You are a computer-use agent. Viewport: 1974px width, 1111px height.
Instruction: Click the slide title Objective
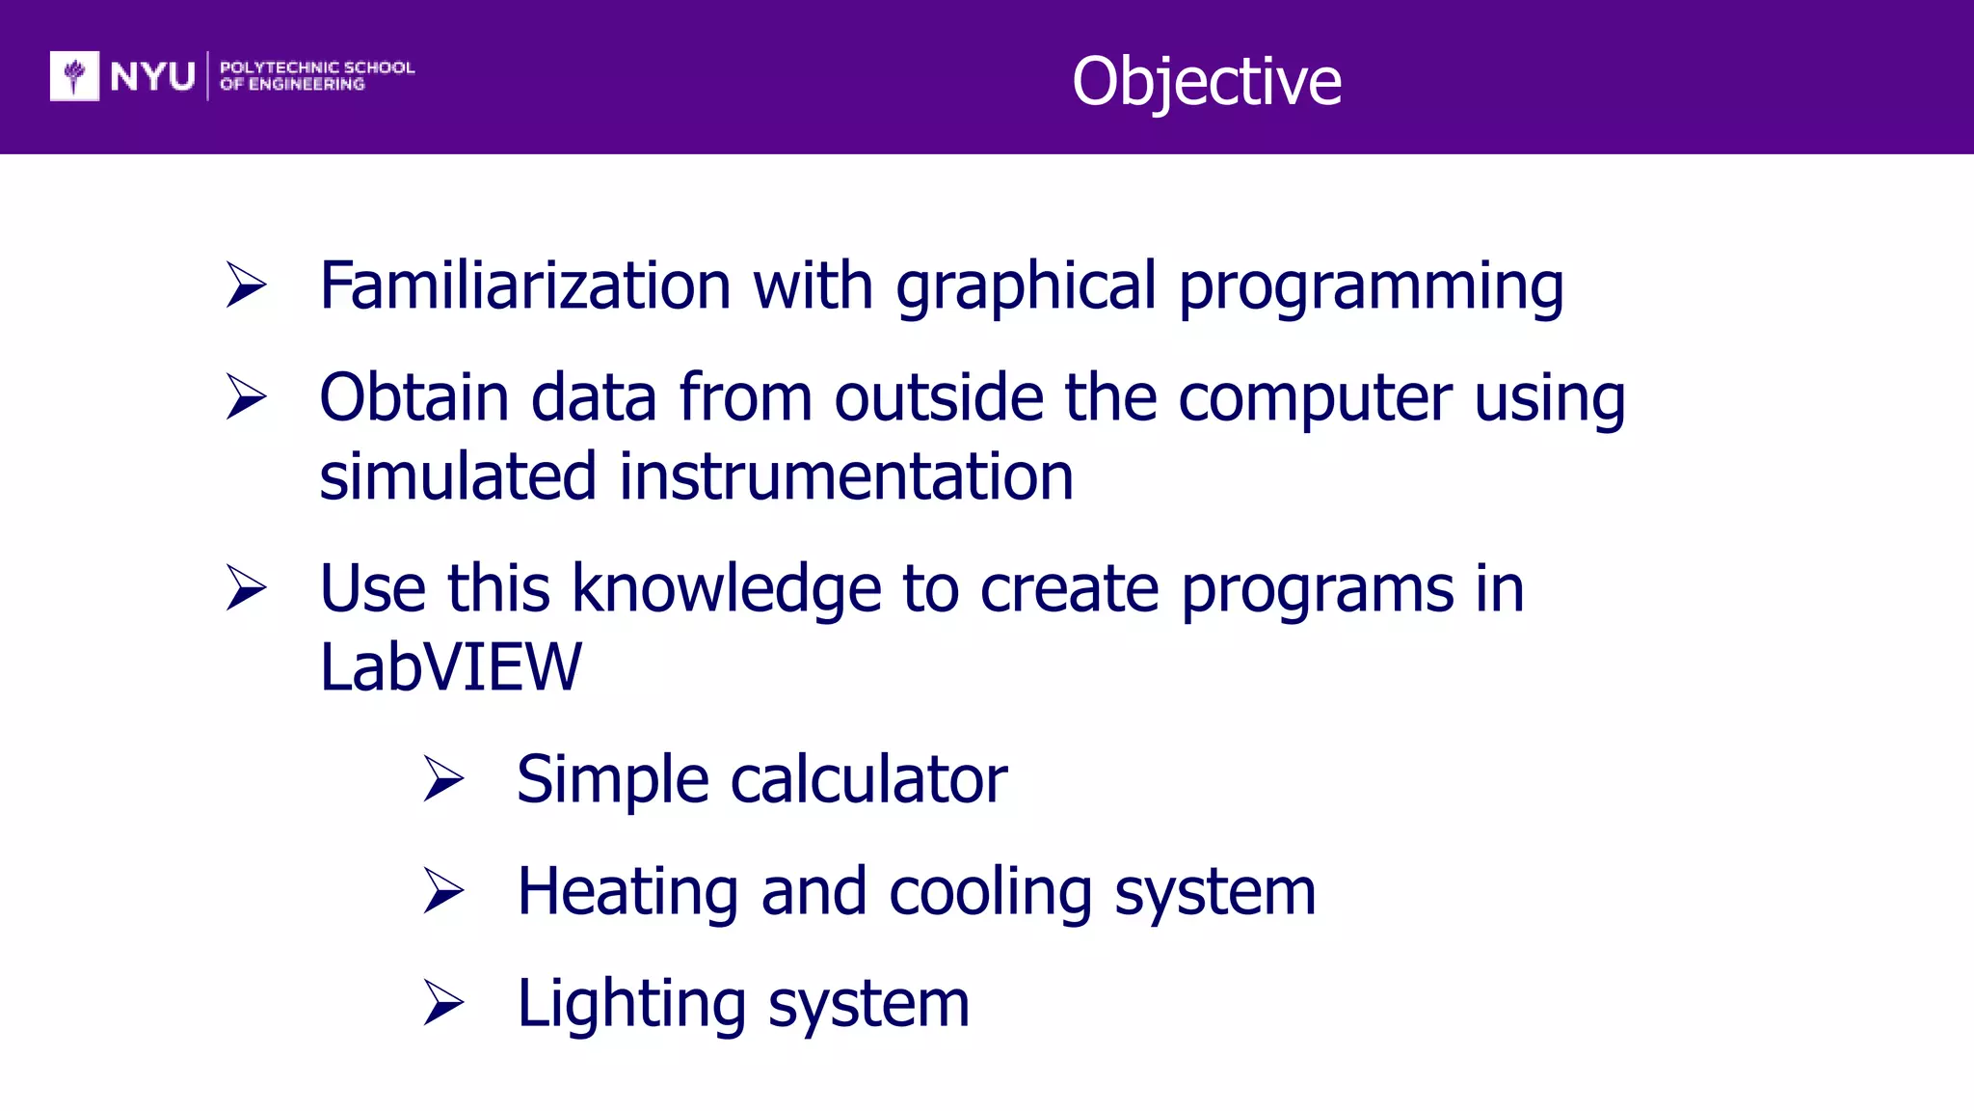pos(1206,81)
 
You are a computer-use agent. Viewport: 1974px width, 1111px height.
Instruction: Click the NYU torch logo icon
pos(74,75)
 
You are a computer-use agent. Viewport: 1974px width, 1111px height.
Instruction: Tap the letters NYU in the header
pos(152,76)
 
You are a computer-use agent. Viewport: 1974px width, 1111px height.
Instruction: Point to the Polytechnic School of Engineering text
pos(316,75)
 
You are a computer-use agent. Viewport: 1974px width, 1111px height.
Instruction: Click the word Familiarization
pos(525,286)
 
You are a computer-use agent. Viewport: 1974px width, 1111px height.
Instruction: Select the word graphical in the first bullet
pos(1026,286)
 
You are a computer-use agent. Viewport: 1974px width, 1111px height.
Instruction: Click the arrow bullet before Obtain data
pos(246,396)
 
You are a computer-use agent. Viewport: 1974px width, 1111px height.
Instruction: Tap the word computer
pos(1315,398)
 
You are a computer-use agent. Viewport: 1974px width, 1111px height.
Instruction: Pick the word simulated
pos(458,476)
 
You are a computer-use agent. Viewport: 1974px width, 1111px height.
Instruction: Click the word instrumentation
pos(845,476)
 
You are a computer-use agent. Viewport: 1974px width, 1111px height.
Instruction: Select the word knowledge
pos(727,588)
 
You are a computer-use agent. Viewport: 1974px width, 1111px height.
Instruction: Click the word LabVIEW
pos(450,667)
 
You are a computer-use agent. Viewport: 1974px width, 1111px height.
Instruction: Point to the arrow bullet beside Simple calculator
pos(443,779)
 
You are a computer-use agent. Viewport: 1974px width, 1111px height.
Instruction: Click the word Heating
pos(627,892)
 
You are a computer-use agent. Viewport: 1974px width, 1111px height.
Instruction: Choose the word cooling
pos(990,892)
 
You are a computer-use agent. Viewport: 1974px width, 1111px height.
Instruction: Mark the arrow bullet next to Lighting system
pos(443,1003)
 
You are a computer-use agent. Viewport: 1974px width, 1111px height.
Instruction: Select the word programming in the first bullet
pos(1371,286)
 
